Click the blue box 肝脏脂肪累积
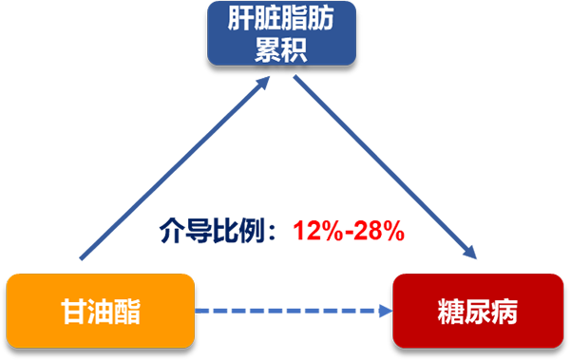click(x=281, y=33)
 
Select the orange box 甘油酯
click(x=101, y=311)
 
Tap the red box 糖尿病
click(x=478, y=311)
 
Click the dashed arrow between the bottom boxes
click(x=294, y=311)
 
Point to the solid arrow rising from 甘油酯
click(x=175, y=167)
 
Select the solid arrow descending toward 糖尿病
click(x=385, y=167)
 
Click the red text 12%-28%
click(x=349, y=231)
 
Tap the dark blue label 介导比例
click(x=212, y=231)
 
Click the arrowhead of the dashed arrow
click(x=386, y=311)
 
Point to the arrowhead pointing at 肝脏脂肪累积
click(x=262, y=84)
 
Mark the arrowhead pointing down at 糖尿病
click(x=469, y=252)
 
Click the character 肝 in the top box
click(x=240, y=19)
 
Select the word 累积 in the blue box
click(x=281, y=48)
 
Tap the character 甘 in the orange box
click(x=74, y=312)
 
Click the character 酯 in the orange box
click(x=127, y=312)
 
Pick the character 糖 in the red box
click(x=450, y=312)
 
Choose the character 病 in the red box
click(x=504, y=312)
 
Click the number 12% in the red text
click(x=317, y=231)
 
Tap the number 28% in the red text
click(x=379, y=231)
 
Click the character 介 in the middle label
click(x=172, y=231)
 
